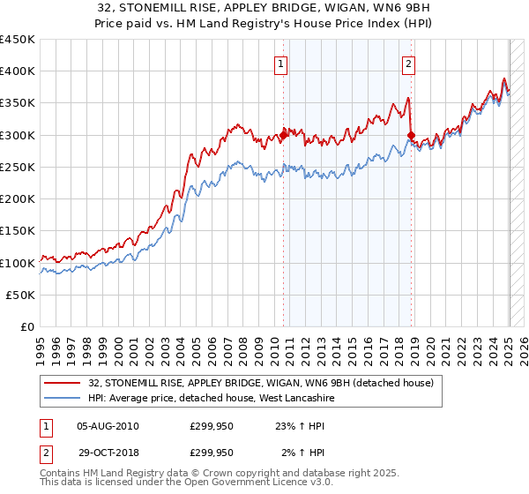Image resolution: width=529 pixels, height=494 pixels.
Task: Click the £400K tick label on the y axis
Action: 18,71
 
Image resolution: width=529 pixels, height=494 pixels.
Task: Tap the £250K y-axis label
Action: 18,168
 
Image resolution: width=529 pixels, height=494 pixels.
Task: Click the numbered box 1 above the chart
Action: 280,63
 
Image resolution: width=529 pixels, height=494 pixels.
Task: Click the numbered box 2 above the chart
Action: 409,63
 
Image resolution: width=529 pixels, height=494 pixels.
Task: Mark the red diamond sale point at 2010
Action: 284,135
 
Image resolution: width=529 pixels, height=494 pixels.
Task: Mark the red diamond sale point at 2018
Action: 412,135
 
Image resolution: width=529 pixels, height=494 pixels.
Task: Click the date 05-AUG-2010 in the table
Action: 108,426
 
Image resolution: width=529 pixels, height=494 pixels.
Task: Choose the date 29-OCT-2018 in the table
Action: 108,453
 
